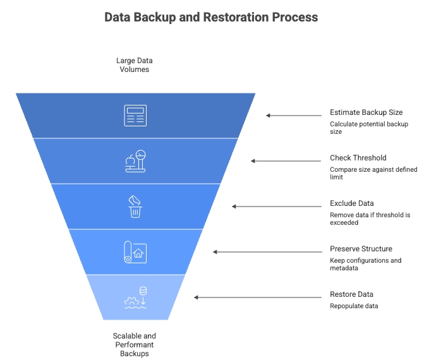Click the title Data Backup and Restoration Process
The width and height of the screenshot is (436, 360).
click(x=211, y=17)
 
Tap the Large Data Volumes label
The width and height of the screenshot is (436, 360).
click(x=135, y=65)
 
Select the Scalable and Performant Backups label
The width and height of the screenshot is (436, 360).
click(x=135, y=345)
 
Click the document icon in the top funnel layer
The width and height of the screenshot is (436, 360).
click(x=135, y=116)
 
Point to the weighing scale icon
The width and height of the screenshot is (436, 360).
click(x=135, y=161)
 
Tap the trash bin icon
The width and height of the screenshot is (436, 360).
click(x=135, y=207)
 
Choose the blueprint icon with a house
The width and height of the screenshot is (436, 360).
click(x=135, y=252)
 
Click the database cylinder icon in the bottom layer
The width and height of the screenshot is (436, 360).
click(x=143, y=291)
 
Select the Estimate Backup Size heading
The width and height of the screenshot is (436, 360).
click(x=366, y=112)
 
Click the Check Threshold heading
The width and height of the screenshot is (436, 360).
click(x=358, y=158)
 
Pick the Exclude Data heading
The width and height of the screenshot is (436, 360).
click(x=352, y=203)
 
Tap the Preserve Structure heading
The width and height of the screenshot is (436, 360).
click(x=361, y=249)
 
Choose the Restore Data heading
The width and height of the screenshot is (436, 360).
click(x=351, y=294)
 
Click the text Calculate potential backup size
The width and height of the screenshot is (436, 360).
click(x=369, y=128)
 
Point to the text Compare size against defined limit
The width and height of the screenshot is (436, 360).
click(x=373, y=173)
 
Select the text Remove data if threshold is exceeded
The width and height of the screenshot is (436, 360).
click(x=370, y=219)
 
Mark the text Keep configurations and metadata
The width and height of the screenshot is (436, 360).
click(x=366, y=264)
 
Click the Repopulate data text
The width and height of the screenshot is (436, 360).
click(x=354, y=306)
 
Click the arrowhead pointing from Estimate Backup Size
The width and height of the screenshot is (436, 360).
click(x=268, y=116)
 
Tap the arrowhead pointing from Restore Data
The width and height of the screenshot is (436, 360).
click(x=196, y=297)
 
